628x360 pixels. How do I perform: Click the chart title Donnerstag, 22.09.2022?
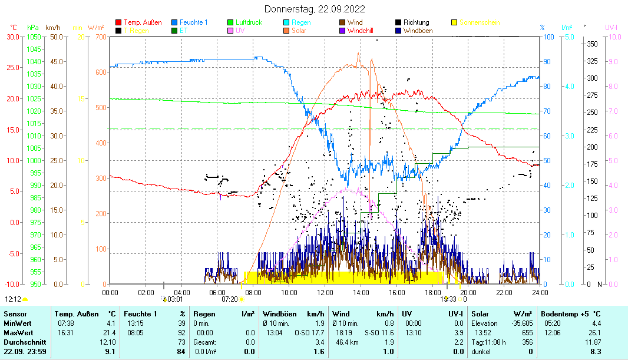(x=315, y=9)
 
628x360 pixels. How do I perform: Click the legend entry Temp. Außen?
(x=143, y=22)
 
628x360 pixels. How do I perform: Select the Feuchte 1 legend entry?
(x=193, y=22)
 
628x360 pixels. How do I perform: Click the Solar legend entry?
(x=298, y=30)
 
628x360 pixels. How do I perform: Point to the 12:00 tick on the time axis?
(x=325, y=292)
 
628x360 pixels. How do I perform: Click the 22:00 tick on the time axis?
(x=504, y=292)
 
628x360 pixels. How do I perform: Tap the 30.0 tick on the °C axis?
(x=12, y=37)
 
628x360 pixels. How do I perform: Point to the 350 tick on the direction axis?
(x=592, y=44)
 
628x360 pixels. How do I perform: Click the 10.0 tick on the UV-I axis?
(x=613, y=37)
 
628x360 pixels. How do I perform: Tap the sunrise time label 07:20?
(x=229, y=299)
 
